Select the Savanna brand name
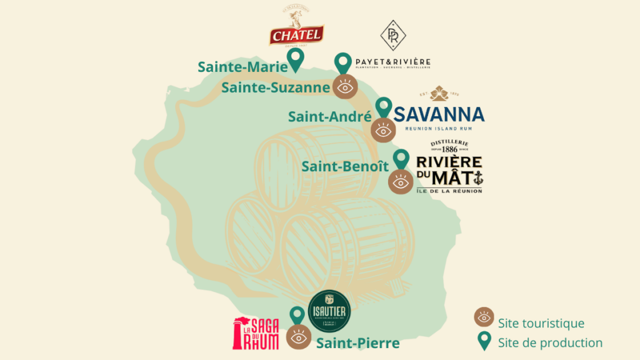tap(439, 114)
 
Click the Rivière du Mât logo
tap(449, 167)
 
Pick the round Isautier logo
tap(330, 311)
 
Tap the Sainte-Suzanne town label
tap(275, 87)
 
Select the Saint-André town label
tap(329, 116)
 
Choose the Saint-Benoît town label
tap(345, 167)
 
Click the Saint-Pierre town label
tap(357, 343)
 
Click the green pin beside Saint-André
tap(383, 107)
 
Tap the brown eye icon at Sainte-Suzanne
tap(344, 87)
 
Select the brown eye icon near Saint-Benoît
tap(401, 182)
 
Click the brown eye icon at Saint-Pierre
tap(299, 337)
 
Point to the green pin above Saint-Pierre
tap(297, 315)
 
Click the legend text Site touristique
tap(541, 323)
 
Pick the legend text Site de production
tap(550, 342)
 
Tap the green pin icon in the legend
tap(484, 341)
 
